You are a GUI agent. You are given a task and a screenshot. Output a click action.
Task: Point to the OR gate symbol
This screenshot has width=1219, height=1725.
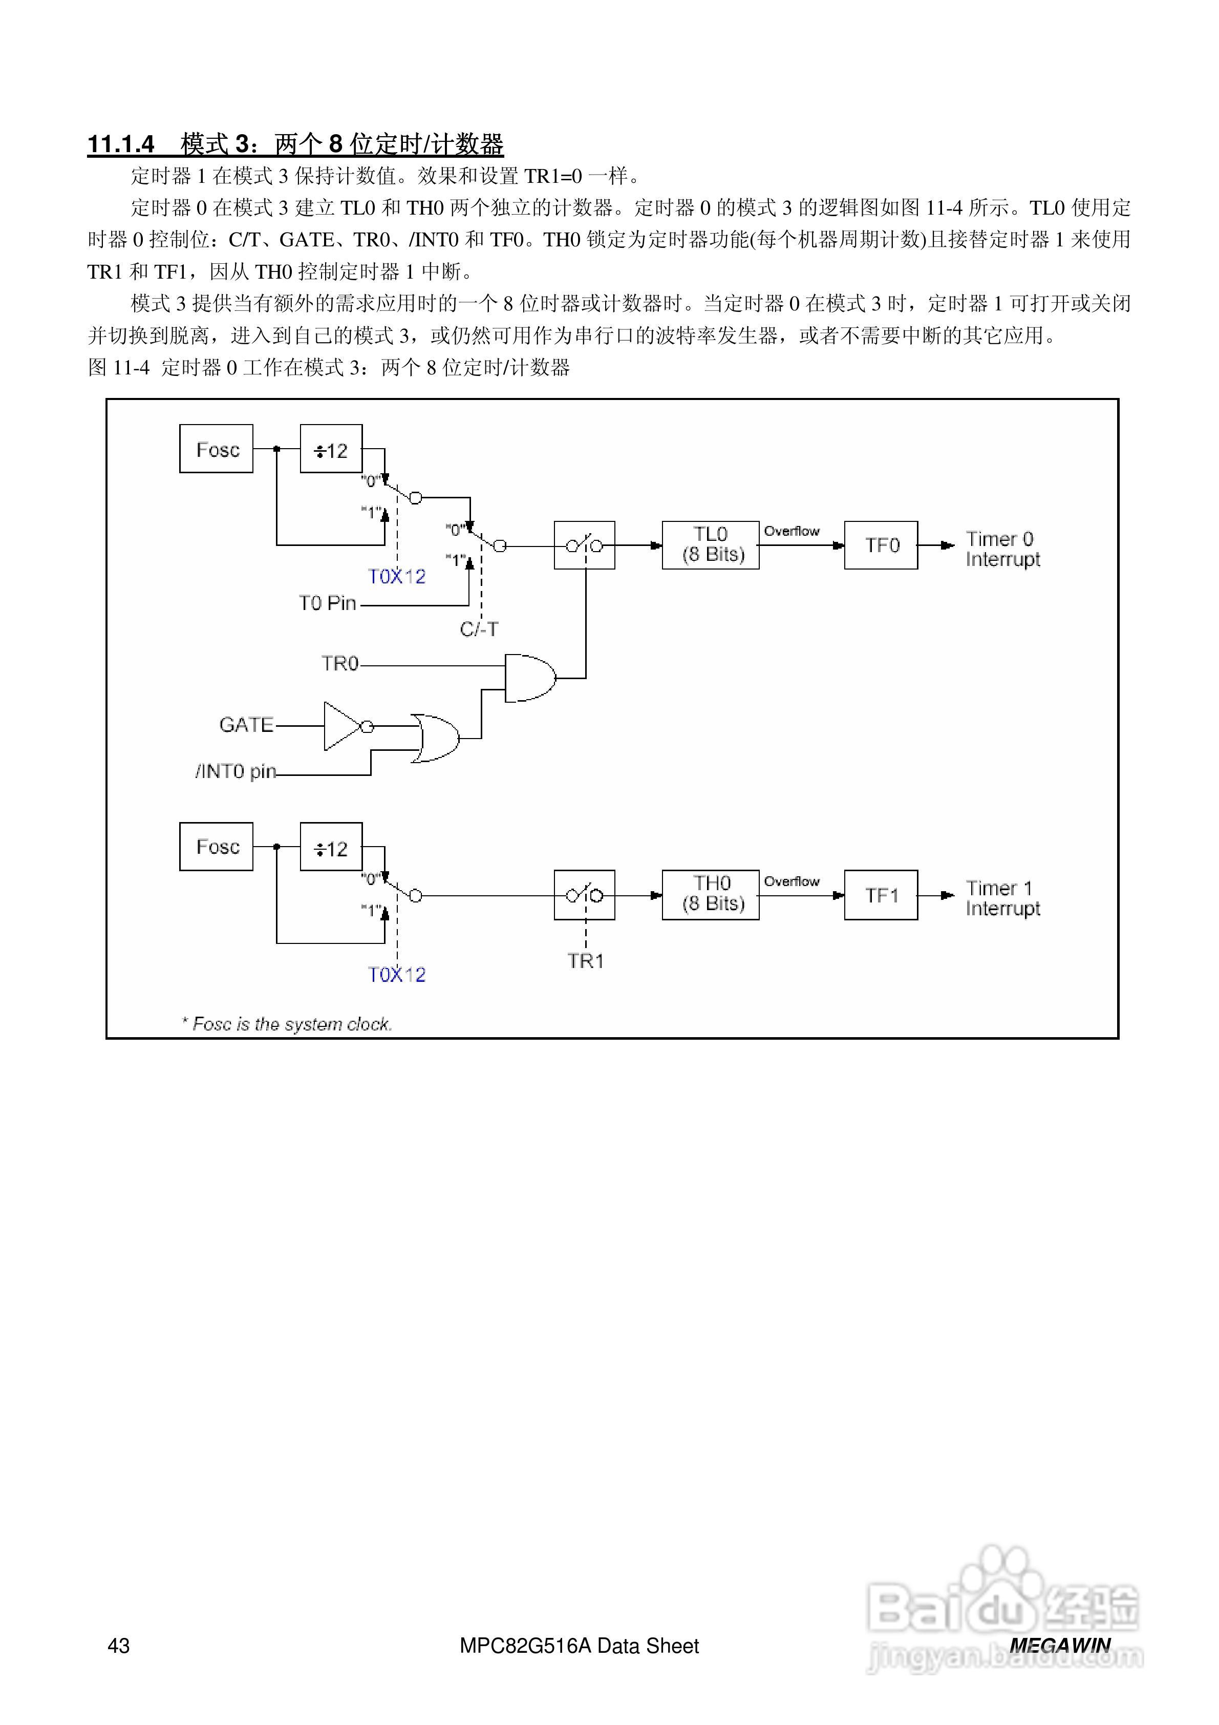pyautogui.click(x=436, y=738)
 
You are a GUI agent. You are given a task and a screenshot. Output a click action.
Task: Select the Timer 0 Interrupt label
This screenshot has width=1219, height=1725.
pyautogui.click(x=1002, y=549)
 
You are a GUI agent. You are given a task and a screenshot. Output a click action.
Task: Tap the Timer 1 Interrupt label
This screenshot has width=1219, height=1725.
pyautogui.click(x=1002, y=898)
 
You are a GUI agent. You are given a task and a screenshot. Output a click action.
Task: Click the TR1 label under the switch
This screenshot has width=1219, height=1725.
pyautogui.click(x=585, y=961)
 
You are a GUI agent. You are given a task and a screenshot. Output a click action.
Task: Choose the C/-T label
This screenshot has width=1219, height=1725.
pyautogui.click(x=479, y=629)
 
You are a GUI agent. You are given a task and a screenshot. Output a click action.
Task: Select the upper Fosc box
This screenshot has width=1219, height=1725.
pyautogui.click(x=217, y=449)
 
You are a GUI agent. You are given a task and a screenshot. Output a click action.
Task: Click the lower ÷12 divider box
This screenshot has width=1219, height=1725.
pyautogui.click(x=330, y=848)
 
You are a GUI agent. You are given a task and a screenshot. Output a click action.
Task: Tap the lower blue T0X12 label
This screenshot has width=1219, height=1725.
pyautogui.click(x=397, y=975)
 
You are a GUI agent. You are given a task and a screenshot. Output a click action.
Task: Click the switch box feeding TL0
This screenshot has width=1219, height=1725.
pyautogui.click(x=584, y=545)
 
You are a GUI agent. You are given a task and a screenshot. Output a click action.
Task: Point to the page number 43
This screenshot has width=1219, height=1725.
pyautogui.click(x=119, y=1646)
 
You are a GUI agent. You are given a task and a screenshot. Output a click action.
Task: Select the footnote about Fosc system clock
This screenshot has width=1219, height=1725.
pyautogui.click(x=286, y=1024)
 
